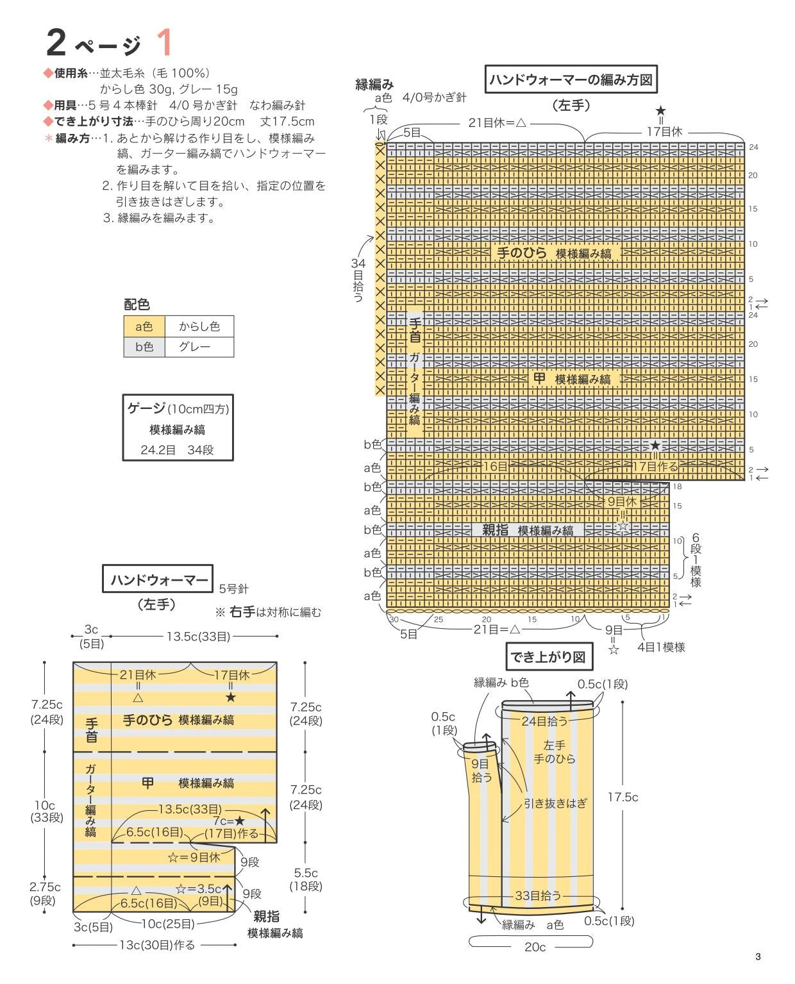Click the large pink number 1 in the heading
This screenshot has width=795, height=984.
click(165, 44)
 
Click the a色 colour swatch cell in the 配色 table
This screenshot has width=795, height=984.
click(144, 326)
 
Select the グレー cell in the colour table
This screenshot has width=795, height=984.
click(199, 347)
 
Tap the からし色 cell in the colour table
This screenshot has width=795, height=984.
click(199, 326)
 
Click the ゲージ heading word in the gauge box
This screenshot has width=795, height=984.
click(146, 408)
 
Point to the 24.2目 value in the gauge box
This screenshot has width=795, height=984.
click(158, 450)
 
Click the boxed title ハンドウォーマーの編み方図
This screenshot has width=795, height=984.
click(571, 79)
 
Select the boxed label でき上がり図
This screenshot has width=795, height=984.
click(548, 657)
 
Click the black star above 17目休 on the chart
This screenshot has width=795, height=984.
click(661, 112)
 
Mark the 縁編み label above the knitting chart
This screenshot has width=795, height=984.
click(374, 85)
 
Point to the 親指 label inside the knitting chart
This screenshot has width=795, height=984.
click(495, 530)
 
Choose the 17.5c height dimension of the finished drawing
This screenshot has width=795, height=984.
click(623, 797)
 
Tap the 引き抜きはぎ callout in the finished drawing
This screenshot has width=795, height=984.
click(555, 803)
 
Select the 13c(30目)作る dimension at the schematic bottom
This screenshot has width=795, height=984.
click(157, 945)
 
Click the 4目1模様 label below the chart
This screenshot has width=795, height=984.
click(660, 647)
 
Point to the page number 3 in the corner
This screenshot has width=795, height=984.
click(758, 957)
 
